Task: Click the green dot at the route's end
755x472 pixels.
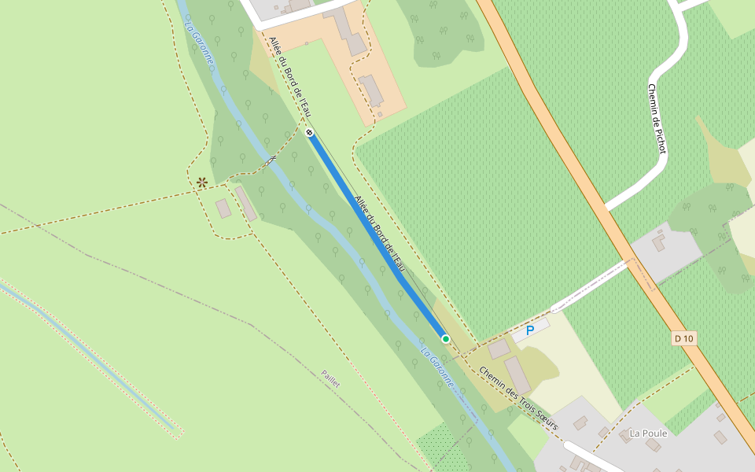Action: point(446,338)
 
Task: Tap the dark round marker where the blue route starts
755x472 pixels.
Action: point(310,132)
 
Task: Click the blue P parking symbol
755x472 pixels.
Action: point(530,330)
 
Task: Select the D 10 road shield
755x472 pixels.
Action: point(684,338)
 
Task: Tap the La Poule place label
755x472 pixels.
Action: point(648,433)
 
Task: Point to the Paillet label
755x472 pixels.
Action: point(331,378)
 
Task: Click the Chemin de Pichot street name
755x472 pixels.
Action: point(657,118)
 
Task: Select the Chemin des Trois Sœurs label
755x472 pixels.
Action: point(518,398)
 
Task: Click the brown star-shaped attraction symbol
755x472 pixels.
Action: point(202,183)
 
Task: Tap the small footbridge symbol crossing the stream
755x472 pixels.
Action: point(272,160)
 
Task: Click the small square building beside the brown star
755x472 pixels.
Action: point(223,208)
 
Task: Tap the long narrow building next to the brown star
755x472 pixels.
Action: point(245,203)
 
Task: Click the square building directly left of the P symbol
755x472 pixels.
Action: point(499,348)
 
